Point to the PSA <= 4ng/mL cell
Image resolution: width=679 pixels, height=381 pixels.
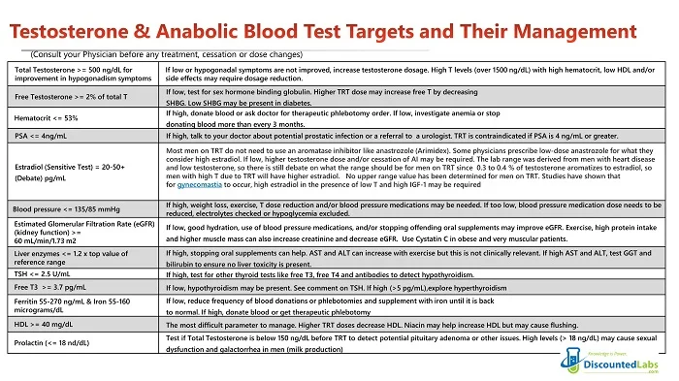point(43,136)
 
